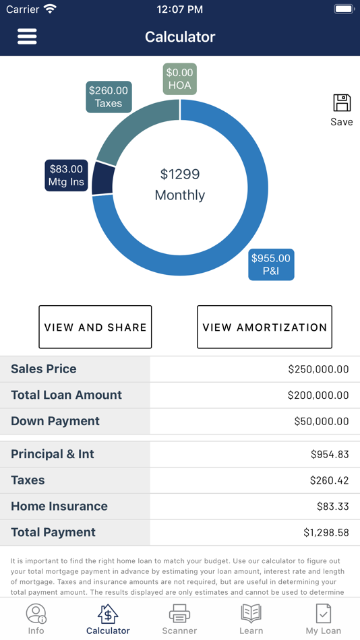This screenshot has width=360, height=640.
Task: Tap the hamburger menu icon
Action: tap(27, 36)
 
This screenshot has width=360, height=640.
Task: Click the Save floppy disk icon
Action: tap(342, 103)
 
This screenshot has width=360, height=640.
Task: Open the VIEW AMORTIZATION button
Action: tap(264, 327)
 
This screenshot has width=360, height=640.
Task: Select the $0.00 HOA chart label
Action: tap(179, 79)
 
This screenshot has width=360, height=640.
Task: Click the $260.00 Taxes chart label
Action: tap(109, 97)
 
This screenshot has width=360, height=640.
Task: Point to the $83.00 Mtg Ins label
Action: tap(66, 175)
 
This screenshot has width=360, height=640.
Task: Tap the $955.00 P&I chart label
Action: tap(271, 265)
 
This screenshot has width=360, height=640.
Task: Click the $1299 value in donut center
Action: tap(180, 174)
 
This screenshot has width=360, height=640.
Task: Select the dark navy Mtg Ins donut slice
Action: tap(103, 179)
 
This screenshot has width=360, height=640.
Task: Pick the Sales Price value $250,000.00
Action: tap(318, 369)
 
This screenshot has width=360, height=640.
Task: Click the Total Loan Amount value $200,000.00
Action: tap(318, 395)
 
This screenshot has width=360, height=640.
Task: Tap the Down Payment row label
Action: tap(55, 421)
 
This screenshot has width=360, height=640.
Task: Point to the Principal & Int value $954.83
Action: tap(330, 454)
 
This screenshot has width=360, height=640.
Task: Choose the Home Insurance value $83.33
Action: tap(332, 507)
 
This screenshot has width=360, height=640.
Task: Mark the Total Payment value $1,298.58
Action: tap(326, 533)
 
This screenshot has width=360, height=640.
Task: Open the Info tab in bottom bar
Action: tap(36, 618)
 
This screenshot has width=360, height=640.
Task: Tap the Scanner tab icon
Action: tap(179, 614)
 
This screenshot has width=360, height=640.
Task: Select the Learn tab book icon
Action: tap(251, 613)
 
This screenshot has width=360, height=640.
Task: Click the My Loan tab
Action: tap(323, 618)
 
